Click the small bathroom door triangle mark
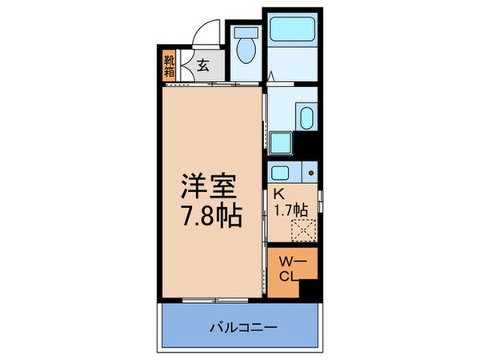272,78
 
